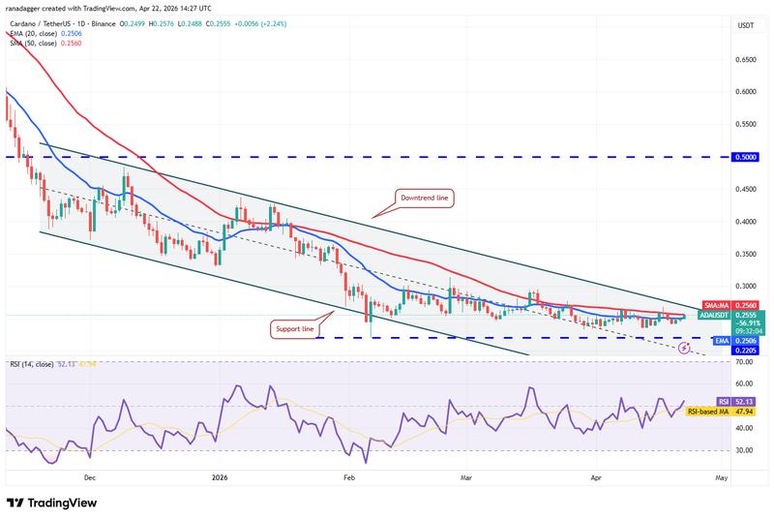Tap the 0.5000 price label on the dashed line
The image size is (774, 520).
[x=745, y=157]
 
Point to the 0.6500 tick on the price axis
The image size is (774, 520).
[x=745, y=59]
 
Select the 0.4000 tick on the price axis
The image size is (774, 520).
[x=745, y=222]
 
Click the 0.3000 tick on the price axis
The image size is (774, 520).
[x=745, y=287]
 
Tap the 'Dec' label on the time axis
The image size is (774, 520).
[x=89, y=477]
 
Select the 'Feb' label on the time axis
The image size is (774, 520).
[x=349, y=477]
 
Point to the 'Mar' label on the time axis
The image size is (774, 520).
[x=465, y=477]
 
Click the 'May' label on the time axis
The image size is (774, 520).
[x=720, y=477]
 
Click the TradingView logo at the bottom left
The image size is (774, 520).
[x=56, y=503]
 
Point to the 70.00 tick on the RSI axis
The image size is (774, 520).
[x=744, y=362]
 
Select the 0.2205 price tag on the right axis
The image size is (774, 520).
[x=745, y=350]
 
